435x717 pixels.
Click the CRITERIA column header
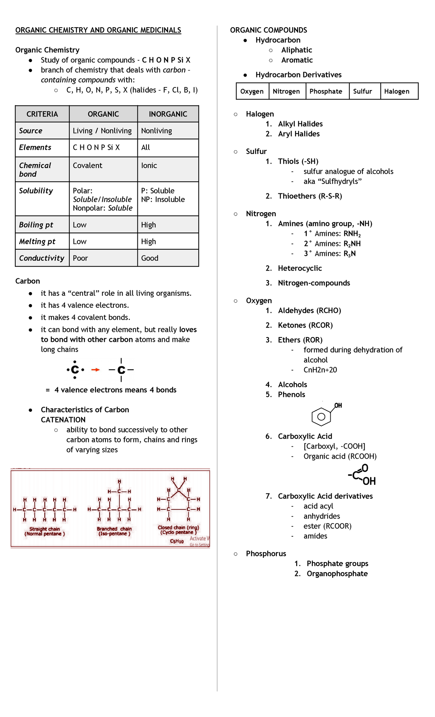pos(42,114)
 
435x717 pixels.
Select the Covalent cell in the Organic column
pos(88,165)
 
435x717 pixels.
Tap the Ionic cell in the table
pos(149,165)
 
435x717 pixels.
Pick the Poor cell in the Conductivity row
pos(80,258)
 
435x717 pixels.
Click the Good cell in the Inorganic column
pos(150,258)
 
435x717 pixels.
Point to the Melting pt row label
pos(37,241)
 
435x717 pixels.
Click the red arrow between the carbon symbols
pos(95,370)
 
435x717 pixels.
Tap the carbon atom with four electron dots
pos(75,370)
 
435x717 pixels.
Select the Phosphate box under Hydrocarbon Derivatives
pos(326,91)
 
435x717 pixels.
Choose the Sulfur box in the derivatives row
pos(362,91)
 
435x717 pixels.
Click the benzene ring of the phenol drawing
pos(321,417)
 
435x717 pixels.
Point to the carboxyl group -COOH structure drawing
pos(362,475)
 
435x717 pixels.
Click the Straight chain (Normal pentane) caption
pos(45,532)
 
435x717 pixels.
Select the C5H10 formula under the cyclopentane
pos(177,541)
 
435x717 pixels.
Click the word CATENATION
pos(63,420)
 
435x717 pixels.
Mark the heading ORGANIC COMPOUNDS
pos(269,30)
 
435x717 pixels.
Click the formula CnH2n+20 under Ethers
pos(320,370)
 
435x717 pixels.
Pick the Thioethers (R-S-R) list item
pos(310,196)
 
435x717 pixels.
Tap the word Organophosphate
pos(337,574)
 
